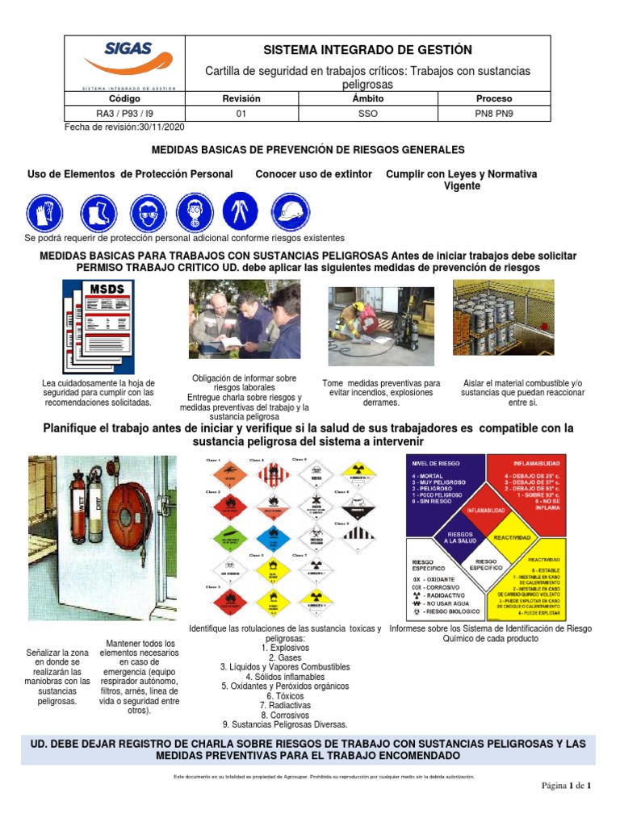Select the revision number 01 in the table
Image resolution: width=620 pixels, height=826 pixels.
[241, 114]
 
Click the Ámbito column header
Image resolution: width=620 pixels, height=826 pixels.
[368, 98]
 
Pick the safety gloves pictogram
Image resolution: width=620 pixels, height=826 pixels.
[44, 214]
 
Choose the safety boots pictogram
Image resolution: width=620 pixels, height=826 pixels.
[98, 214]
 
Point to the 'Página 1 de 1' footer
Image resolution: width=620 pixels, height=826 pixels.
[566, 786]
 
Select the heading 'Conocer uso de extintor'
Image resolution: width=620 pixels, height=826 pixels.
[313, 174]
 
